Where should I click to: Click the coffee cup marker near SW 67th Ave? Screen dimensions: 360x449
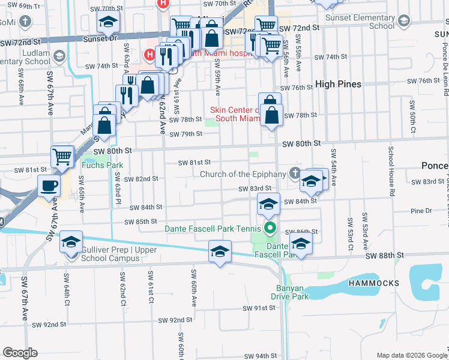click(x=49, y=185)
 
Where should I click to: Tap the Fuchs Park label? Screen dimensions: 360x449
click(x=98, y=164)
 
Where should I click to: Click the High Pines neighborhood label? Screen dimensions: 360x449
click(x=338, y=84)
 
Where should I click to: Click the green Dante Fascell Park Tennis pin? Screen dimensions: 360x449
click(x=270, y=228)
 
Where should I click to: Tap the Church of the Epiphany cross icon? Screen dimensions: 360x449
click(x=294, y=174)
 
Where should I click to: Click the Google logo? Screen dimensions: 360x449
click(x=20, y=353)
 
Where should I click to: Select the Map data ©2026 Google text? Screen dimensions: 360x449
click(x=411, y=355)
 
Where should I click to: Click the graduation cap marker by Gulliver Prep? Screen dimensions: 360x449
click(x=71, y=242)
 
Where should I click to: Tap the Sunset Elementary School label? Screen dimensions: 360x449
click(x=360, y=22)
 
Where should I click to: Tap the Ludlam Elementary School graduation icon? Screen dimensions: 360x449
click(x=59, y=56)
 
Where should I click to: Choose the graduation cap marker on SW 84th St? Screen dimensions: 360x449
click(x=268, y=203)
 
